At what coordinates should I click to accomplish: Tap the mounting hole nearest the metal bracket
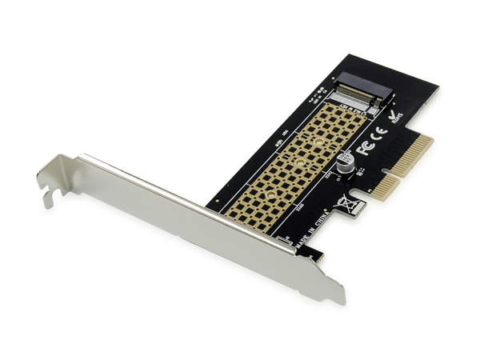(270, 193)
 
